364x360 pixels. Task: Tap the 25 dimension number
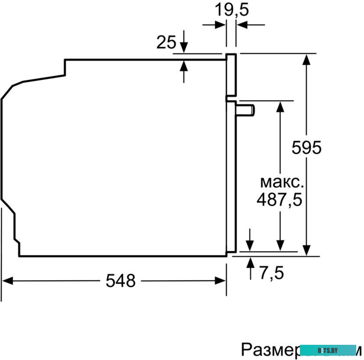pos(166,42)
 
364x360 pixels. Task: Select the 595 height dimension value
pos(306,148)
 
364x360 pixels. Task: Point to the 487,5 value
pos(279,200)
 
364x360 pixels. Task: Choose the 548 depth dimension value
pos(121,281)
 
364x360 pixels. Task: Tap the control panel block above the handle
pos(232,75)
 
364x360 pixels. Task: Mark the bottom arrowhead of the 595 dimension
pos(306,250)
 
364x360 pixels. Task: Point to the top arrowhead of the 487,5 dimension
pos(280,106)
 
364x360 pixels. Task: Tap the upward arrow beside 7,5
pos(250,263)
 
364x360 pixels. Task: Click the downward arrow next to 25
pos(184,47)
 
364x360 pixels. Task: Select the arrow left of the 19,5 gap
pos(221,25)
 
